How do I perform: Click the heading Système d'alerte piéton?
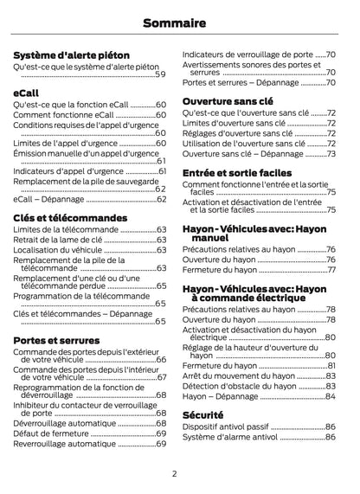(x=72, y=55)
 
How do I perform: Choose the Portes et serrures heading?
(x=56, y=341)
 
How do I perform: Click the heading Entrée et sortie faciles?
(x=237, y=173)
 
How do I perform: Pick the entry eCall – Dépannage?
(x=50, y=199)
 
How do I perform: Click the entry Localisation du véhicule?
(x=58, y=249)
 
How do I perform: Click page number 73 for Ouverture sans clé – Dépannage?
(x=331, y=154)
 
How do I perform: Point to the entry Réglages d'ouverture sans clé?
(x=237, y=133)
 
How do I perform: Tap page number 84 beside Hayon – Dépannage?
(x=331, y=396)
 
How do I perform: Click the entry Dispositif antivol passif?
(x=226, y=427)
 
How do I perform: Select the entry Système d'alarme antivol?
(x=229, y=437)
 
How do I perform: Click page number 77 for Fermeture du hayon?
(x=331, y=269)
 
